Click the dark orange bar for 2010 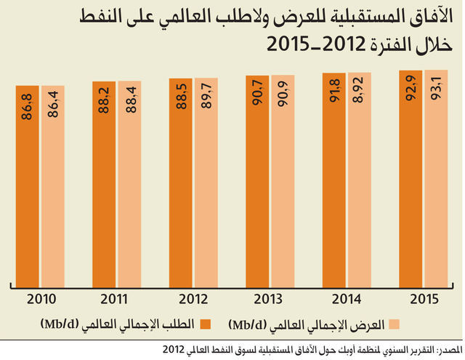point(28,187)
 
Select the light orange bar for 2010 point(53,187)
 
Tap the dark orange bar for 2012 point(181,183)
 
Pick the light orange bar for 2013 point(283,181)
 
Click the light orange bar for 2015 point(436,179)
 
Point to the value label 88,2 point(105,100)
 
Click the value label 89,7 point(206,96)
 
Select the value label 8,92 point(360,90)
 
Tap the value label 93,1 point(436,88)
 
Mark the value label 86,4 point(53,104)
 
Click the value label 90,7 point(257,92)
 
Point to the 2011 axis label point(114,299)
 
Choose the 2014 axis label point(347,299)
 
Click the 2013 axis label point(268,299)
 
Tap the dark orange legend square point(205,324)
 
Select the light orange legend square point(394,324)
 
